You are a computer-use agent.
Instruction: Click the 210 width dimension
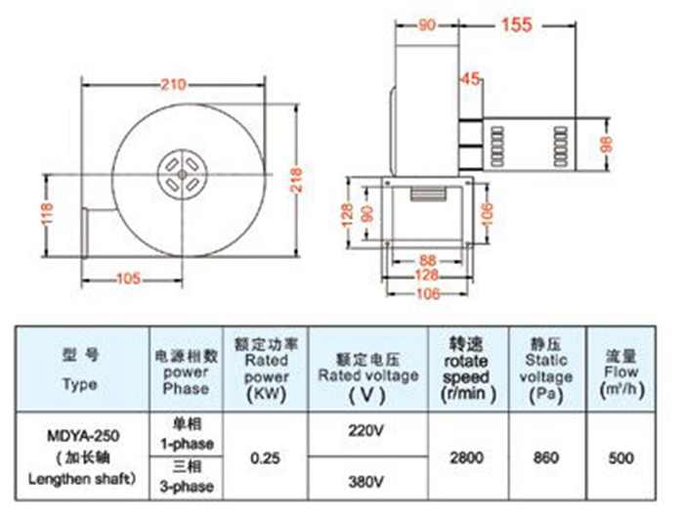[x=174, y=84]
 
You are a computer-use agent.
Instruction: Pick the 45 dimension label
[x=470, y=78]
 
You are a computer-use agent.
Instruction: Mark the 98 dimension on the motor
[x=607, y=143]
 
